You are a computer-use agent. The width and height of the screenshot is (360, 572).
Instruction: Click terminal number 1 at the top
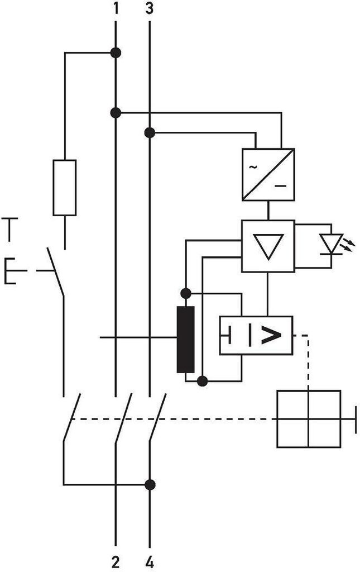(x=116, y=8)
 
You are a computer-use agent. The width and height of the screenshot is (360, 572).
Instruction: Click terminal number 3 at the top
(x=150, y=8)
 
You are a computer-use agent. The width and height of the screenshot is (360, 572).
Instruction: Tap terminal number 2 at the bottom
(x=116, y=562)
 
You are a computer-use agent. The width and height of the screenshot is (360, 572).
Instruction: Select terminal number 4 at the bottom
(x=150, y=562)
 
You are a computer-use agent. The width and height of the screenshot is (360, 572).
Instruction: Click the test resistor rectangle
(x=65, y=188)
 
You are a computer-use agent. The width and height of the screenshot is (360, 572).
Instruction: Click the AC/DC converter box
(x=268, y=174)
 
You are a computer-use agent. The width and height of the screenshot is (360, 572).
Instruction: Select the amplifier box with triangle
(x=268, y=246)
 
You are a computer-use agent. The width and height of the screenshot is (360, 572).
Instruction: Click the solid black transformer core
(x=185, y=339)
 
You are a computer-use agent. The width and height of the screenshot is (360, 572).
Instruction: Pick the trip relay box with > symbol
(x=256, y=335)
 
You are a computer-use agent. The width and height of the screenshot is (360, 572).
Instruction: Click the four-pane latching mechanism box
(x=309, y=419)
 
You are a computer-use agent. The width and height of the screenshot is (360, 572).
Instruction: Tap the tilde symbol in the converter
(x=252, y=167)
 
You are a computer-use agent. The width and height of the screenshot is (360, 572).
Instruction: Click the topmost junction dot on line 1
(x=116, y=53)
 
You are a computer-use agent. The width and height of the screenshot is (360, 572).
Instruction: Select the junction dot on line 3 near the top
(x=150, y=132)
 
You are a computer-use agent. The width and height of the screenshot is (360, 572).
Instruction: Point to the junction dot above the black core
(x=185, y=293)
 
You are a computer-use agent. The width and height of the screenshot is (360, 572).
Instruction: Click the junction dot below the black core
(x=202, y=381)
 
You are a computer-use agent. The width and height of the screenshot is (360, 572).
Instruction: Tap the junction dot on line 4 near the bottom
(x=150, y=485)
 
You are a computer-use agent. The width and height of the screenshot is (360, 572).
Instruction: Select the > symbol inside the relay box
(x=271, y=335)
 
